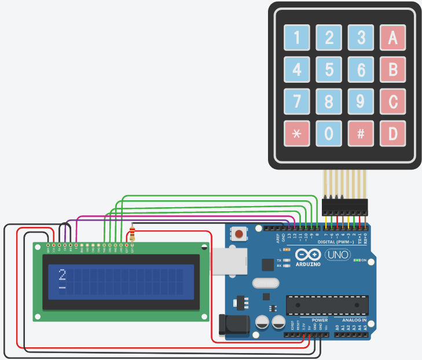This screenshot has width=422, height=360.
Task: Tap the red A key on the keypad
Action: coord(392,38)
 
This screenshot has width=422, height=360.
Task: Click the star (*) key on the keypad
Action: coord(297,134)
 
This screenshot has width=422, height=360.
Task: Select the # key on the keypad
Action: coord(361,134)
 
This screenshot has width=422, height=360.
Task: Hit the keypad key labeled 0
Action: coord(329,134)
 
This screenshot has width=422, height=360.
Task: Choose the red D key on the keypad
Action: coord(392,134)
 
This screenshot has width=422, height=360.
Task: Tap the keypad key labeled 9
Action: coord(361,102)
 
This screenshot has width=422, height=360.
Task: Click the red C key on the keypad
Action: coord(392,102)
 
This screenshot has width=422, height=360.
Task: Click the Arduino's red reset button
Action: coord(238,234)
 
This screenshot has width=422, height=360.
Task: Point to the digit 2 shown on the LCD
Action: coord(63,274)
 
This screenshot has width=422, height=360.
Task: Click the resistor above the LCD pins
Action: coord(133,234)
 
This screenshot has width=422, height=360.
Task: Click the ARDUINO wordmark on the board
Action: coord(308,264)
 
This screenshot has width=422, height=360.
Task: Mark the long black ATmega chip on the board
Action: coord(327,304)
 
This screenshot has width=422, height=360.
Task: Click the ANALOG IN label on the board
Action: coord(354,319)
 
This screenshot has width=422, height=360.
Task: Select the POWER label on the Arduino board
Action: coord(320,319)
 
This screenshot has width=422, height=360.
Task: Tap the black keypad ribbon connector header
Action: coord(345,206)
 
